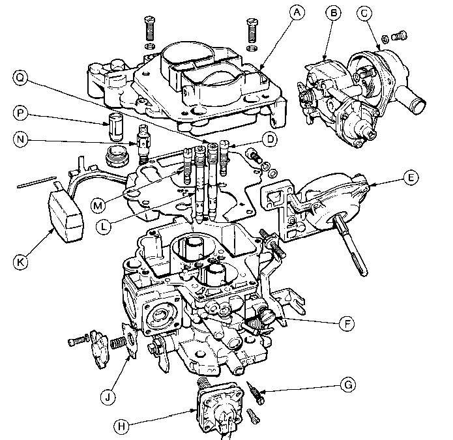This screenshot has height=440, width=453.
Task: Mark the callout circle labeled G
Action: coord(349,386)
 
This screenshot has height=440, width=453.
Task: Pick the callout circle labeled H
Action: coord(121,427)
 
